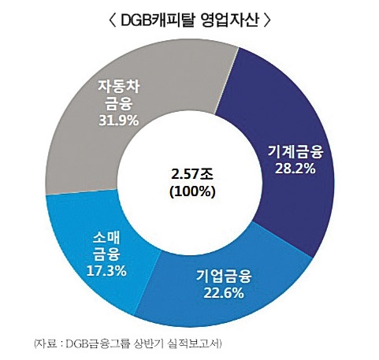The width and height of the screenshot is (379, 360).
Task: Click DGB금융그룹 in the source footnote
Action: coord(92,343)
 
